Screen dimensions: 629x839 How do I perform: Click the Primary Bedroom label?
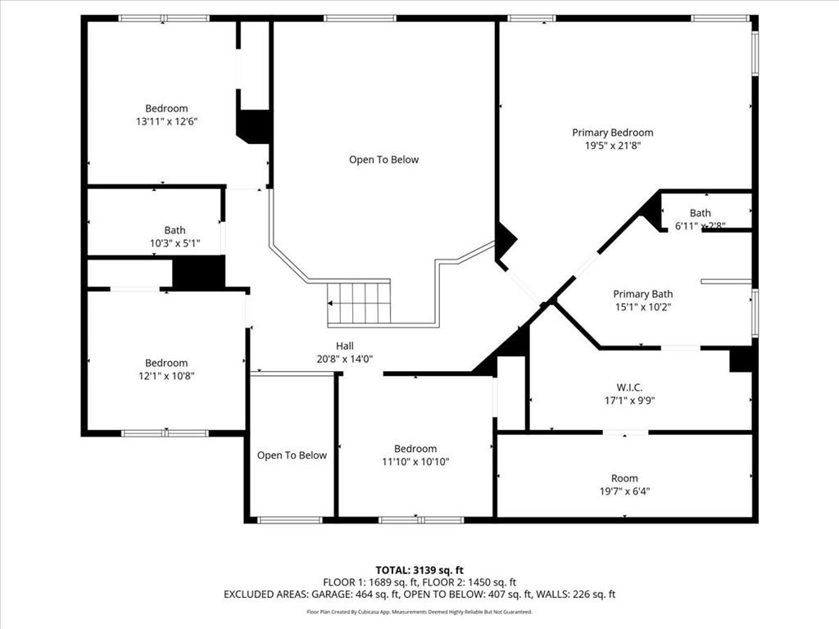[x=612, y=133]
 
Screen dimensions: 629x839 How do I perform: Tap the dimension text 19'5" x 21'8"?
[x=612, y=146]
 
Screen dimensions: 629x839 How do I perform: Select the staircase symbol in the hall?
[x=359, y=302]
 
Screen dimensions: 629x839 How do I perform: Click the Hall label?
[x=345, y=346]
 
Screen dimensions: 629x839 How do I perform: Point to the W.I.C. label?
[x=628, y=387]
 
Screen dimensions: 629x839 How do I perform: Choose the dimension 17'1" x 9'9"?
[x=628, y=401]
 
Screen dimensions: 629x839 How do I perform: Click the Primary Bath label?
[x=642, y=294]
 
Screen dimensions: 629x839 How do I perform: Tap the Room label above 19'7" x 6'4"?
[x=624, y=478]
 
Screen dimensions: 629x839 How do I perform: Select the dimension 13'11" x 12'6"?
[x=166, y=121]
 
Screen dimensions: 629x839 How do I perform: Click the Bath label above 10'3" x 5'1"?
[x=175, y=230]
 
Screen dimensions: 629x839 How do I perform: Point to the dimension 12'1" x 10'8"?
[x=166, y=376]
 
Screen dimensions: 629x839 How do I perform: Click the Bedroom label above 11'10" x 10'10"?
[x=415, y=449]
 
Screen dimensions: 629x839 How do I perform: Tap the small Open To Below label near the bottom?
[x=292, y=455]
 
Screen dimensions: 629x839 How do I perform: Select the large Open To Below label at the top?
[x=383, y=160]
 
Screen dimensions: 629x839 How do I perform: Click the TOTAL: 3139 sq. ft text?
[x=419, y=570]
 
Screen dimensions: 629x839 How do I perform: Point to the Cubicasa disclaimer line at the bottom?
[x=419, y=612]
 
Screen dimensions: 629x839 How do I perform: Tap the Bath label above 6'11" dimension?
[x=700, y=213]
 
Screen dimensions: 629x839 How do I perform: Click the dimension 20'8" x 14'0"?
[x=345, y=359]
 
